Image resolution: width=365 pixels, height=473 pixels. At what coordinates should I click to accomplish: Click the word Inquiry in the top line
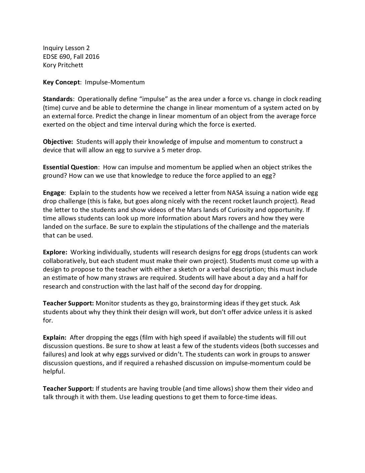(x=53, y=48)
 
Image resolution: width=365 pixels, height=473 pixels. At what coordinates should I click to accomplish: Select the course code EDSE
(x=50, y=56)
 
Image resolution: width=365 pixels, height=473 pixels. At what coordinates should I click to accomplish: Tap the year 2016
(x=92, y=56)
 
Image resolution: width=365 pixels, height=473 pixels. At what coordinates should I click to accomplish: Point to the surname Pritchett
(x=68, y=65)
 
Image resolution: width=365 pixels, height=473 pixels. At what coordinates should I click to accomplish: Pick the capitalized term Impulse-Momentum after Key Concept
(x=115, y=82)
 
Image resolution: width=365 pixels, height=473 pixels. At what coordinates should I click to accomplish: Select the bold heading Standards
(x=57, y=99)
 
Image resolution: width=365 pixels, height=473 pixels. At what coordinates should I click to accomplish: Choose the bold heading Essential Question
(x=70, y=167)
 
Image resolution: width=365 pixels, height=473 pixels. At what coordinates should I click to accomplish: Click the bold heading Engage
(x=53, y=193)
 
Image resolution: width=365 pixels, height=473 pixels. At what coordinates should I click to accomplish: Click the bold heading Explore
(x=55, y=252)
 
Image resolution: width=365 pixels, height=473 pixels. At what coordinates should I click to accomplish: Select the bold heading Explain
(x=54, y=338)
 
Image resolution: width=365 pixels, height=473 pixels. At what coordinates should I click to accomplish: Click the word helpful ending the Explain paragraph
(x=53, y=372)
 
